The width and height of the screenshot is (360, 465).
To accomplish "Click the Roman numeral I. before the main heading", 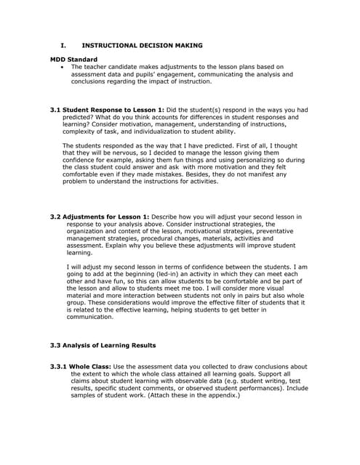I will pyautogui.click(x=63, y=44).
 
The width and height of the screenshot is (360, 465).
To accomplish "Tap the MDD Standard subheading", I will pyautogui.click(x=73, y=59).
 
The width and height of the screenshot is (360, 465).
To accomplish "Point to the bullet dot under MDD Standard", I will pyautogui.click(x=63, y=66).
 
